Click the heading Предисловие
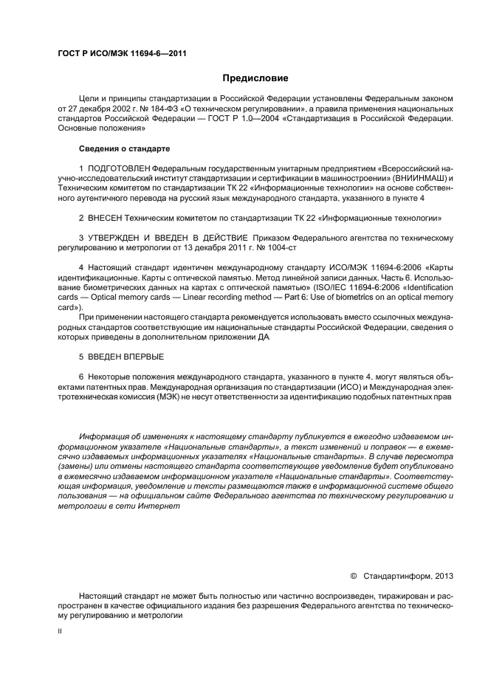(255, 78)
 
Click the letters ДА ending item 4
(265, 337)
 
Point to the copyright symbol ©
(353, 575)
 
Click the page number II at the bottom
(60, 631)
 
